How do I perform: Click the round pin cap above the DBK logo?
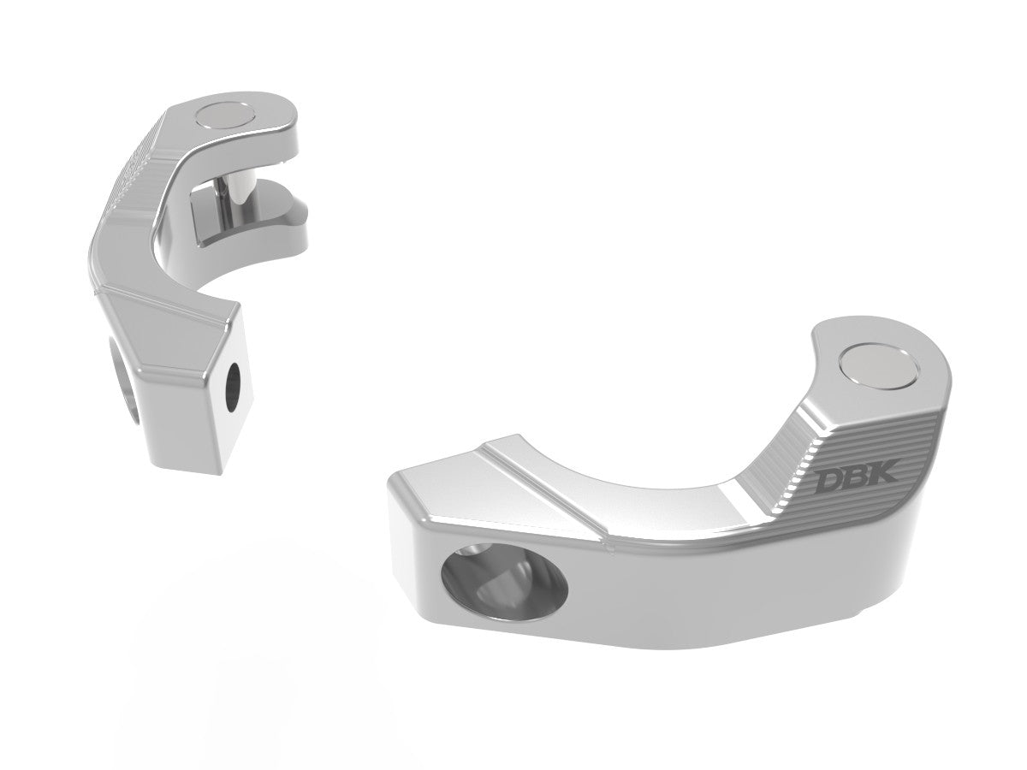point(882,368)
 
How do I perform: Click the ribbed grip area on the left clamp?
point(137,171)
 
